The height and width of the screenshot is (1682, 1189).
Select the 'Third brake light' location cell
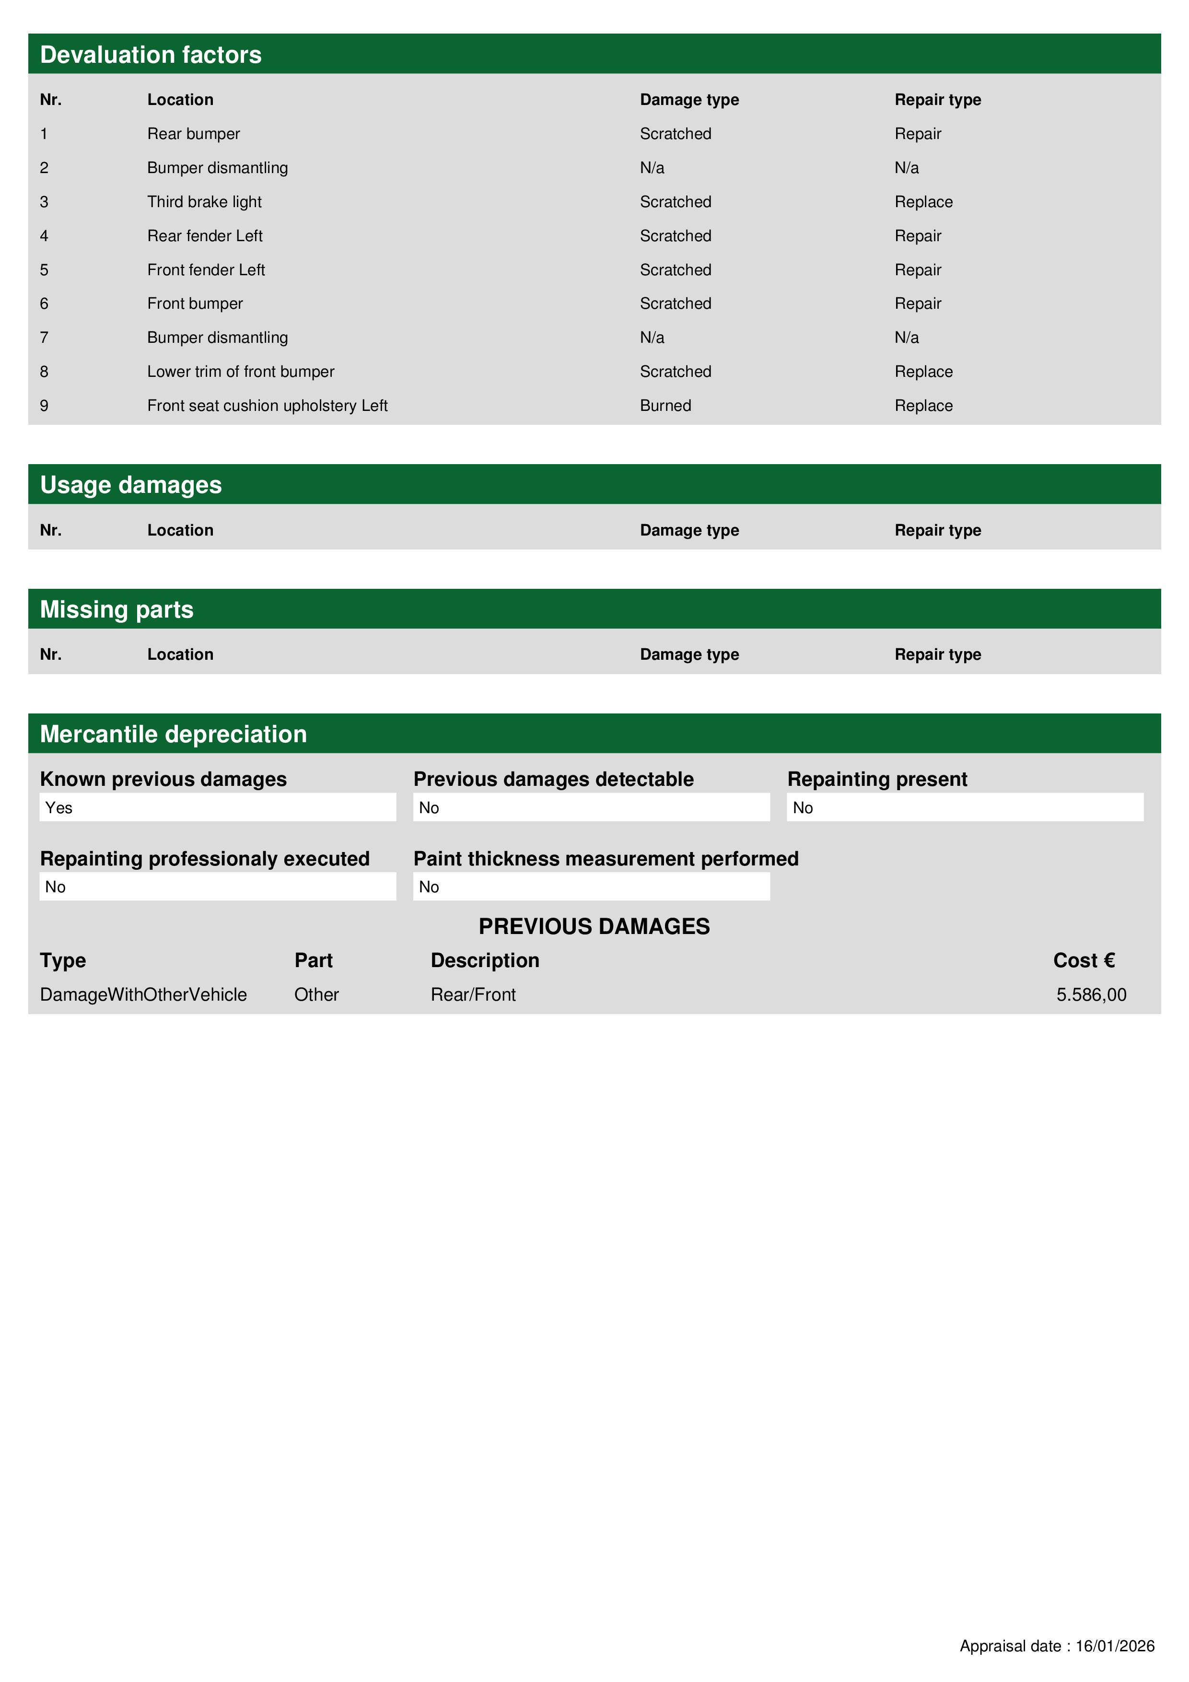pos(204,202)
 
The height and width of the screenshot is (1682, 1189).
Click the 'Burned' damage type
pos(664,406)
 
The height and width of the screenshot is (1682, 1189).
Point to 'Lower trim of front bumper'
pos(240,372)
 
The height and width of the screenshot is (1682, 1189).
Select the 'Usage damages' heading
pos(130,485)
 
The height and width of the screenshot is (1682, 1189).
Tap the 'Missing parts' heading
pos(117,609)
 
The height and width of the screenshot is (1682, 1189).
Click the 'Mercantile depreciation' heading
pos(173,734)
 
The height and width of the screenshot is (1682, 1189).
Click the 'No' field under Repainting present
pos(964,807)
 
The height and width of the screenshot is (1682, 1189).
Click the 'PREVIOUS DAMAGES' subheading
pos(594,927)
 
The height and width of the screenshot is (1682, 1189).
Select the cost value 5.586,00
pos(1090,995)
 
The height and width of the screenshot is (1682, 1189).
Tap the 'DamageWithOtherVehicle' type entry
pos(143,995)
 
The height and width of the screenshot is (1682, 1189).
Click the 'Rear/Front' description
pos(473,995)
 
